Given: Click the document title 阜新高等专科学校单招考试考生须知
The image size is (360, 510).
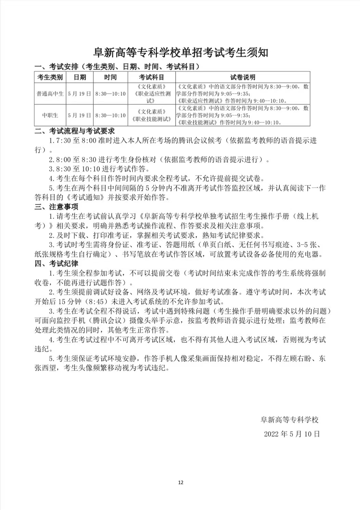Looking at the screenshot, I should pos(181,52).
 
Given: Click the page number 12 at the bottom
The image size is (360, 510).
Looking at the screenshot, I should pos(181,483).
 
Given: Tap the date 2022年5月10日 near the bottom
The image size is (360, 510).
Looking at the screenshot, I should pos(292,434).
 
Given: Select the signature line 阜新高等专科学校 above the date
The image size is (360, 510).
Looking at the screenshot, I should pos(290,420).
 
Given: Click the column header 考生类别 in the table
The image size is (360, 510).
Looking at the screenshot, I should pos(50,77).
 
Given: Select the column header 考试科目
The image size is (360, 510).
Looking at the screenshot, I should pos(151,77).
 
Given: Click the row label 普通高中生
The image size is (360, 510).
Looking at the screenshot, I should pos(50,93).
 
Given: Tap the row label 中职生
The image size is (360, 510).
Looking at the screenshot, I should pos(50,115).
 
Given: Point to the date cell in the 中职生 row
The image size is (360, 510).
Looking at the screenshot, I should pos(80,115).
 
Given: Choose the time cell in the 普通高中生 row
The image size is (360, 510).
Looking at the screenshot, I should pos(110,93).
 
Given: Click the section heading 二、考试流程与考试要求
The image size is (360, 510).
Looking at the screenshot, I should pos(75,131).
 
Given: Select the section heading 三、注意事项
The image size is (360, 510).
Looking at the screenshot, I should pos(56,207).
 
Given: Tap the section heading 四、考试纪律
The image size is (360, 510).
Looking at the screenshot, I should pos(56,263).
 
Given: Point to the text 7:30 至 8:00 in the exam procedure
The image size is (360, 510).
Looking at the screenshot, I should pos(76,141).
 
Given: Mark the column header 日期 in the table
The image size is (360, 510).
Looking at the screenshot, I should pos(80,77).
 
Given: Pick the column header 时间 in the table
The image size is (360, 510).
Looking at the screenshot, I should pos(110,77).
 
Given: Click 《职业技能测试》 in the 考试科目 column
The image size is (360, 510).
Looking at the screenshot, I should pos(151,119).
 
